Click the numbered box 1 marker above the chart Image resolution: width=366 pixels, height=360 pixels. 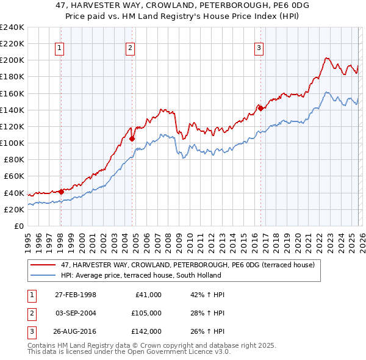click(60, 49)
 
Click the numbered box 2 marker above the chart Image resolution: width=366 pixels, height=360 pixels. click(131, 49)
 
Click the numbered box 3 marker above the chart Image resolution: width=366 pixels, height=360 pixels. click(259, 49)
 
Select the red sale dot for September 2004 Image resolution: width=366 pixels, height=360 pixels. click(132, 139)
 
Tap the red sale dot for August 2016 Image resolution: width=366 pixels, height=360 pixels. click(260, 109)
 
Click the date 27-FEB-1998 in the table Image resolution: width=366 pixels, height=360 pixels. click(76, 295)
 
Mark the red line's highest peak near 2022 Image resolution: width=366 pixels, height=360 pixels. click(326, 58)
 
